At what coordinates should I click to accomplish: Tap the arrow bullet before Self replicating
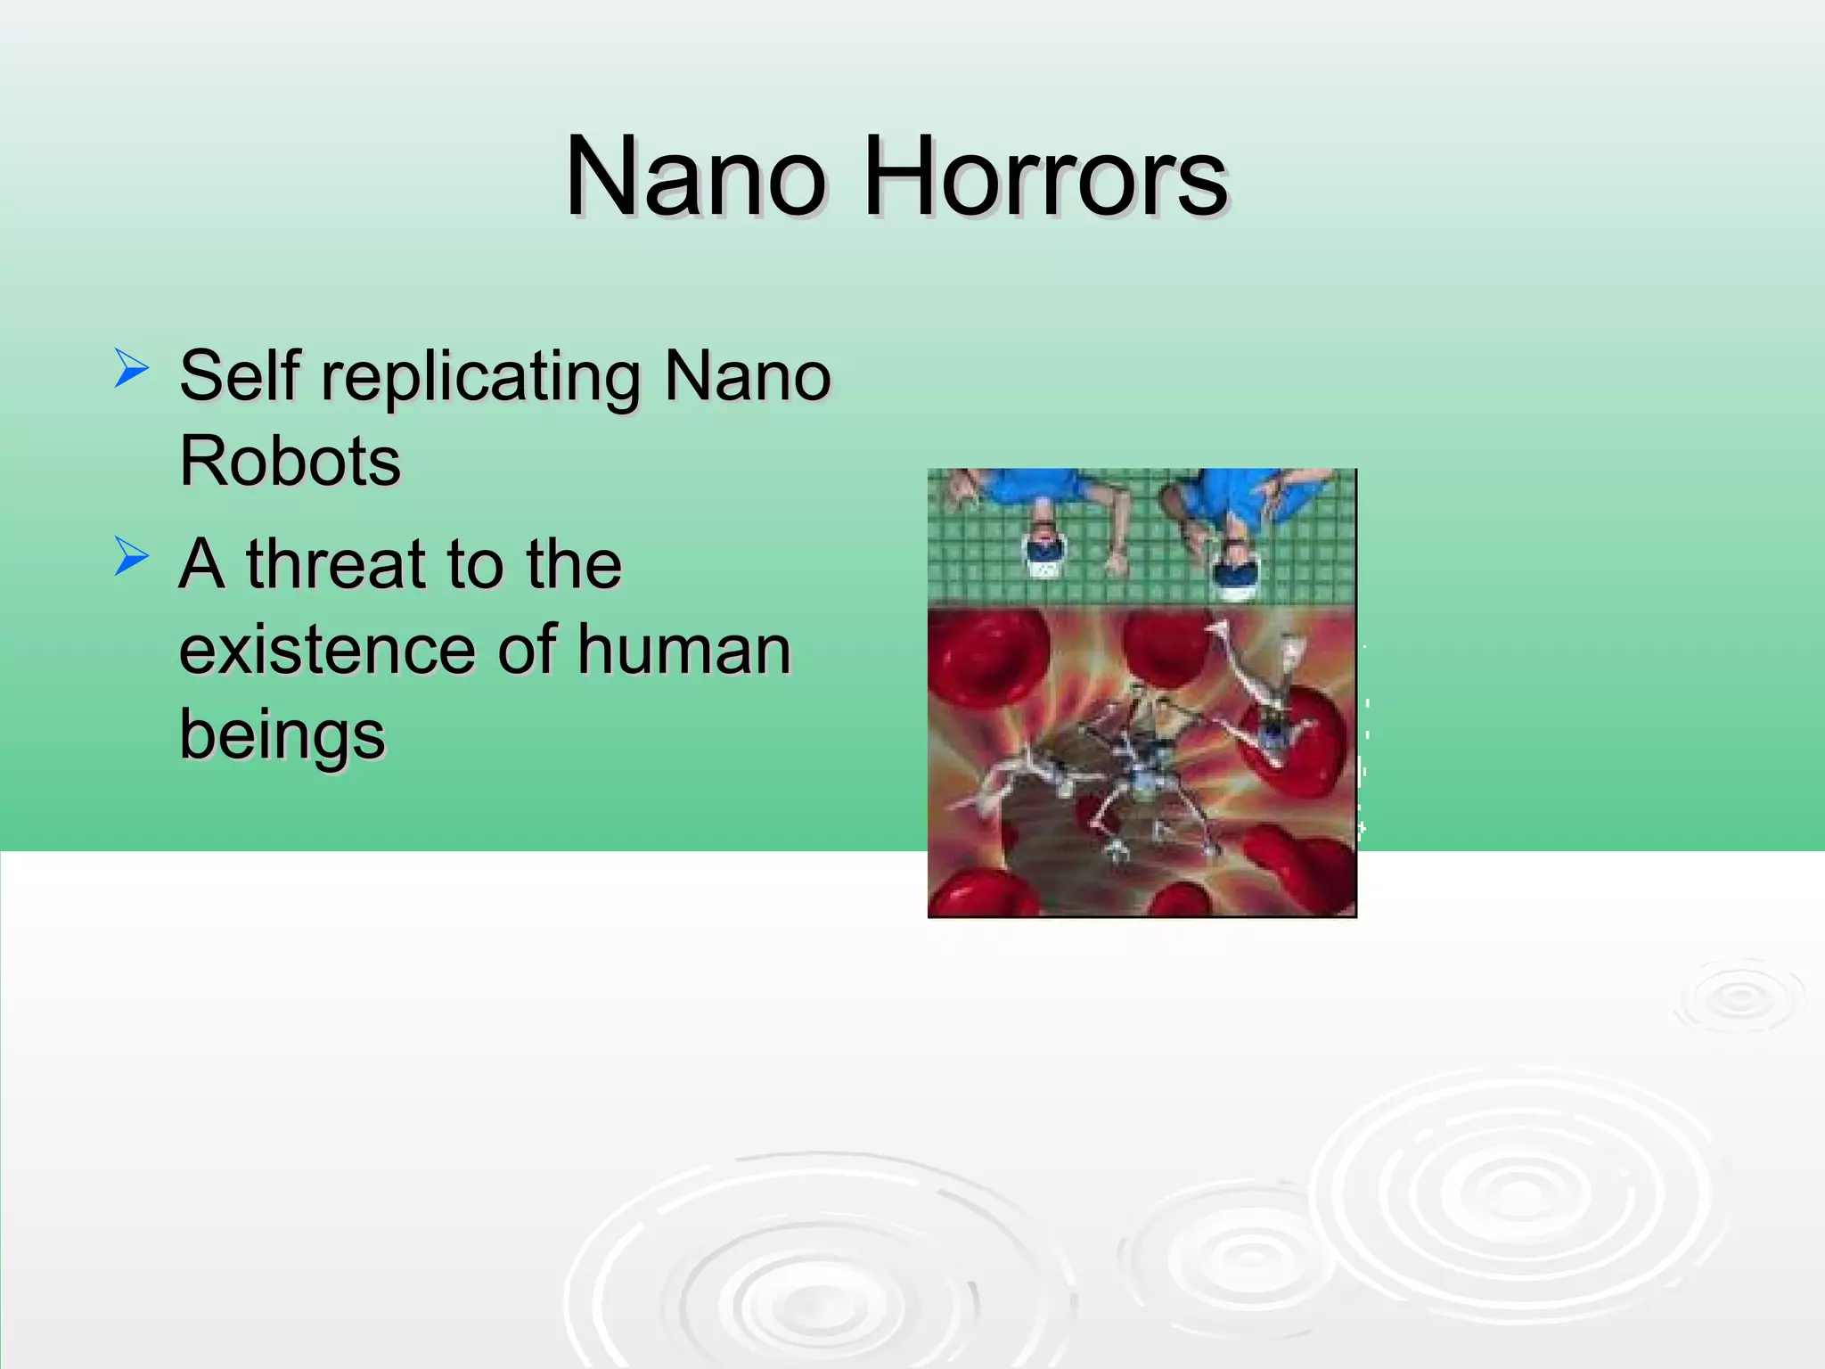pos(131,369)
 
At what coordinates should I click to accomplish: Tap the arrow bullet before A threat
pos(131,557)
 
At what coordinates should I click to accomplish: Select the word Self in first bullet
pos(240,375)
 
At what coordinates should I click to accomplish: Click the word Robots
pos(291,461)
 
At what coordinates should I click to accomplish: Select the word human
pos(683,650)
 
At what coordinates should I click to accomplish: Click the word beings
pos(282,736)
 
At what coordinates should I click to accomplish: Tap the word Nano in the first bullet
pos(747,375)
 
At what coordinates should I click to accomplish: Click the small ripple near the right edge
pos(1739,997)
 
